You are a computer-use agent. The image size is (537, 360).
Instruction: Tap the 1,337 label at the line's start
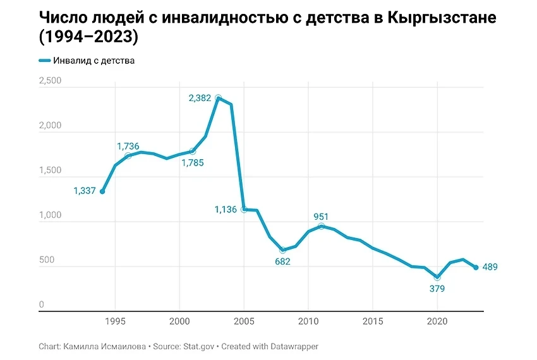point(85,191)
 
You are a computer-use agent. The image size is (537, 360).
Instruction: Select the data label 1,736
point(128,146)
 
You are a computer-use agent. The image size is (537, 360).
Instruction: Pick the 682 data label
point(282,261)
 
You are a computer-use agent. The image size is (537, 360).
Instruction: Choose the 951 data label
point(321,217)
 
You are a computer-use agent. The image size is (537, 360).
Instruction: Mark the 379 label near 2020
point(437,289)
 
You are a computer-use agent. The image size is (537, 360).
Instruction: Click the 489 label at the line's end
point(490,267)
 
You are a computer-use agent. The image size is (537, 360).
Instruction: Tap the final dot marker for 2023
point(476,267)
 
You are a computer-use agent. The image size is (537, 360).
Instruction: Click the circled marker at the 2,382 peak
point(218,98)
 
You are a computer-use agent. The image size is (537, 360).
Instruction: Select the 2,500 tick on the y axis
point(50,81)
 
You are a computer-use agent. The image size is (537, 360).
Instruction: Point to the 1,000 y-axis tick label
point(50,215)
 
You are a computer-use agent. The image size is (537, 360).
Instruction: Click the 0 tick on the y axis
point(42,305)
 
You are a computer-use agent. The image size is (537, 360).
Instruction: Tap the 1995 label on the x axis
point(115,321)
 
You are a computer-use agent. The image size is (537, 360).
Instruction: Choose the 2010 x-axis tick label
point(308,321)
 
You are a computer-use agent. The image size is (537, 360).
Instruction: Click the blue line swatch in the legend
point(44,61)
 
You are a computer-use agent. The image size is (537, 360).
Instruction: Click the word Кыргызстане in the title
point(443,17)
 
